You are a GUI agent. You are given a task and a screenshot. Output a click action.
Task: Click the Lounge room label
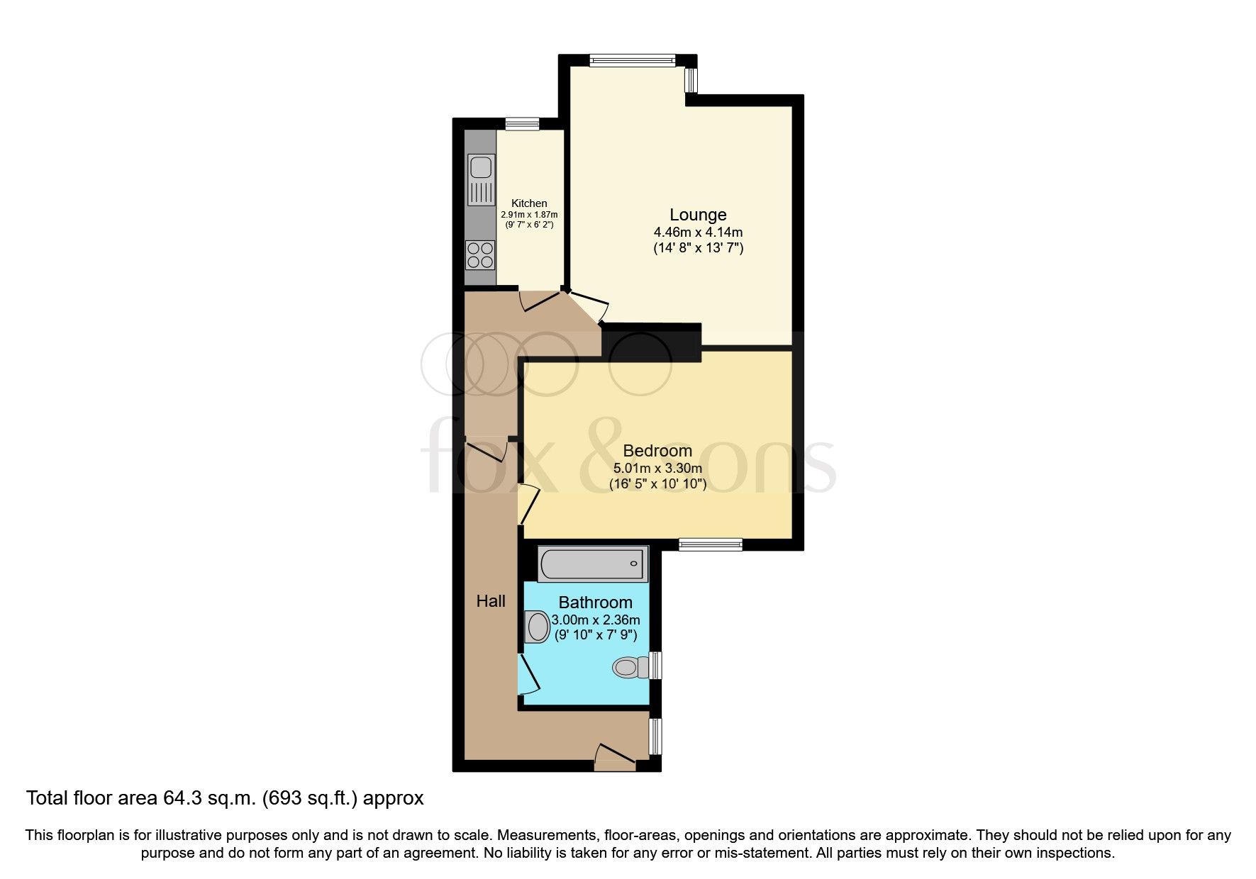698,215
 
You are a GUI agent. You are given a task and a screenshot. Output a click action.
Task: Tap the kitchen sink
480,167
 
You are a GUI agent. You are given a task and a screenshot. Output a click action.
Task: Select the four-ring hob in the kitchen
480,255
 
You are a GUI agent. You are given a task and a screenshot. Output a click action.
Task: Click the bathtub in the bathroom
592,564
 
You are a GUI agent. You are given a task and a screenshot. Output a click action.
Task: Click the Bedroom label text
657,451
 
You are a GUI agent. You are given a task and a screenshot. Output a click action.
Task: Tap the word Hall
490,602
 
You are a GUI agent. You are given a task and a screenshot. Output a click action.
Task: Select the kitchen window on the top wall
522,124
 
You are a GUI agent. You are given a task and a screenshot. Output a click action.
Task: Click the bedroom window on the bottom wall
710,544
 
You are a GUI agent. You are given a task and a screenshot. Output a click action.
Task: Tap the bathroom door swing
528,673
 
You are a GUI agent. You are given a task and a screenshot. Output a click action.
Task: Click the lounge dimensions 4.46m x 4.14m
698,233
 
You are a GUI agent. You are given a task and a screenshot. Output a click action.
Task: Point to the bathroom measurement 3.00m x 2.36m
595,620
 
